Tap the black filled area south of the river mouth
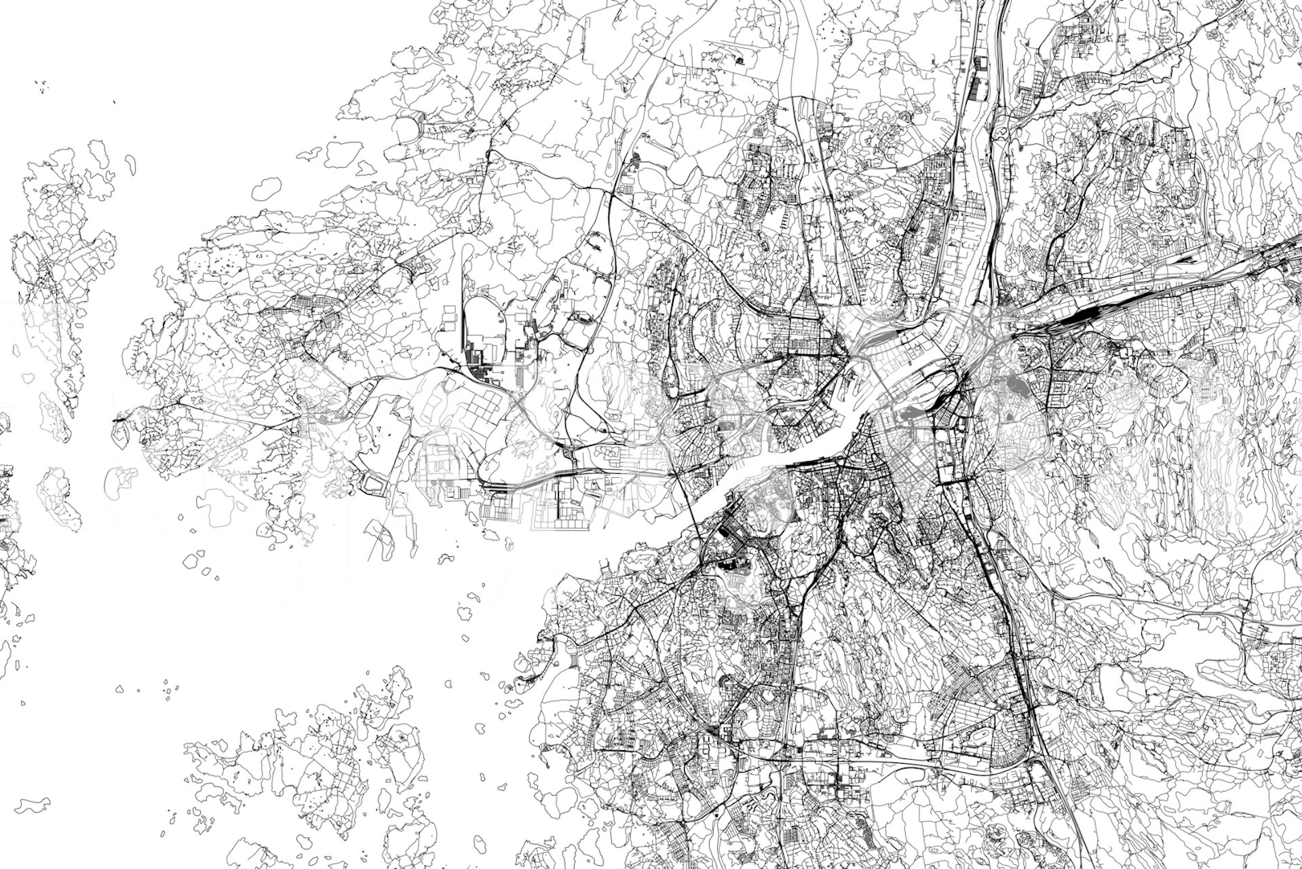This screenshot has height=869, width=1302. (x=729, y=563)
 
